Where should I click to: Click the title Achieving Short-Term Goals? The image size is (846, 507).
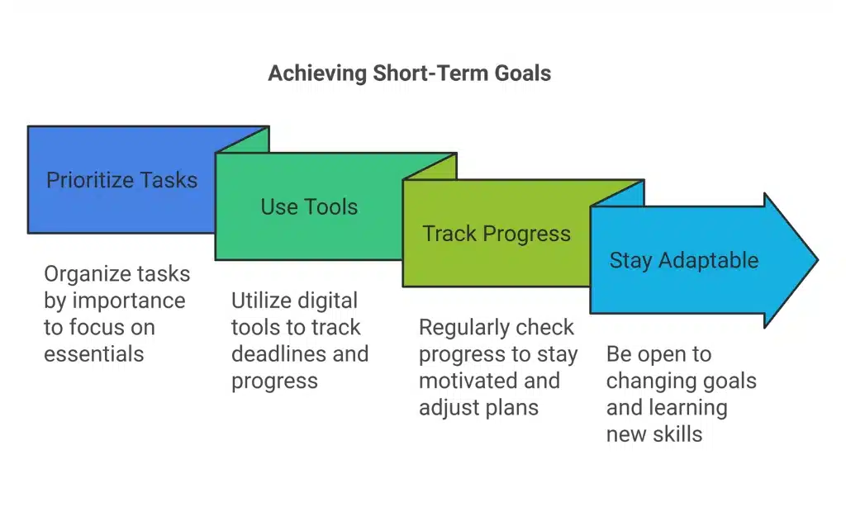[409, 73]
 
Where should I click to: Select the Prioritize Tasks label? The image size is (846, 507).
[121, 180]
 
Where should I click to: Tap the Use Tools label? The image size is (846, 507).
[309, 206]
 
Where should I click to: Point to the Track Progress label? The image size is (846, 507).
[497, 234]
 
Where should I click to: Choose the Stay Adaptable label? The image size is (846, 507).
[683, 260]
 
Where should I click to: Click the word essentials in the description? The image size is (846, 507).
[94, 353]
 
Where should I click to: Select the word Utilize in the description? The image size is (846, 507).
[261, 300]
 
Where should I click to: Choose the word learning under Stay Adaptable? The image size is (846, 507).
[688, 407]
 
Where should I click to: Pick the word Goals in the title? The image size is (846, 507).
[523, 73]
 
